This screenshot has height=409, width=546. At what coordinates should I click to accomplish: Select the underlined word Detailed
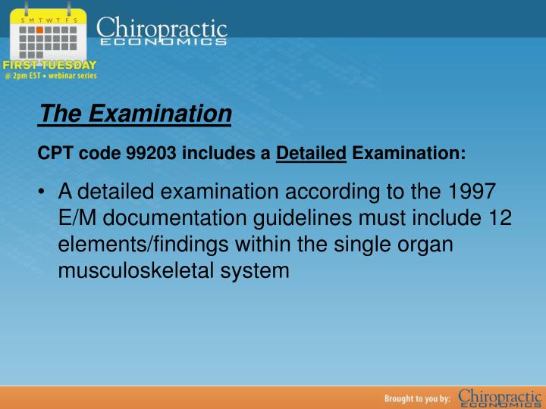[x=311, y=155]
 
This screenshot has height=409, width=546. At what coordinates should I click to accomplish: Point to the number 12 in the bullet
[x=498, y=218]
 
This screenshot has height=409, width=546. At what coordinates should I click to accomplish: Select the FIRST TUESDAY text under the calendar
[x=49, y=65]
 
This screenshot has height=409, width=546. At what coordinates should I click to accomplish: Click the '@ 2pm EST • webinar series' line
[x=50, y=76]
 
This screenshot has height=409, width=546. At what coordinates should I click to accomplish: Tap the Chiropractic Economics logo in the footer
[x=500, y=398]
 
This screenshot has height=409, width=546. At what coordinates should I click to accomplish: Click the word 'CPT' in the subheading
[x=52, y=155]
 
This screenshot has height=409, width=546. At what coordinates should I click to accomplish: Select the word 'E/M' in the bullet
[x=78, y=218]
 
